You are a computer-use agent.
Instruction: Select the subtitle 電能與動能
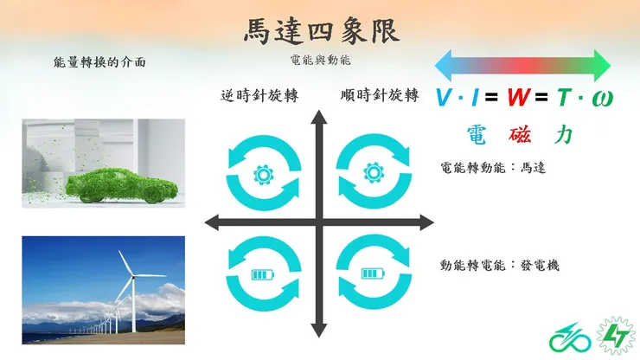coord(321,61)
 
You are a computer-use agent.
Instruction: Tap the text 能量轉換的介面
coord(99,62)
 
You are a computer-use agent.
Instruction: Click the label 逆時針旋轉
coord(259,95)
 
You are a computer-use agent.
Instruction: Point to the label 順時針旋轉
coord(380,95)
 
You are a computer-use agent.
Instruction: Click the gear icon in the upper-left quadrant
coord(263,172)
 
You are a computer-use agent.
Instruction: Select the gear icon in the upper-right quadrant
coord(373,172)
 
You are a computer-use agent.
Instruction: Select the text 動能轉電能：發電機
coord(500,265)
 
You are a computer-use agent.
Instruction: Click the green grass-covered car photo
coord(104,164)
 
